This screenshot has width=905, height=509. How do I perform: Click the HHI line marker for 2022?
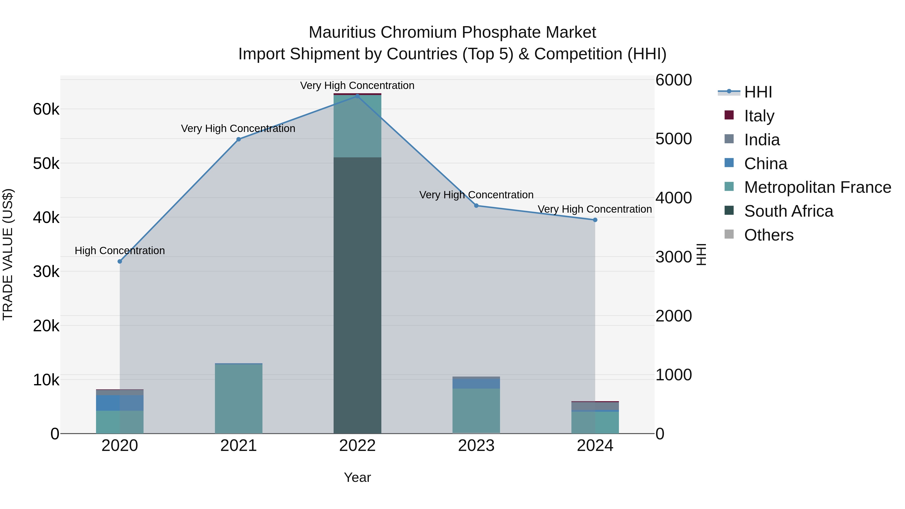(x=357, y=96)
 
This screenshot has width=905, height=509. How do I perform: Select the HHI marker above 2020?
(x=120, y=261)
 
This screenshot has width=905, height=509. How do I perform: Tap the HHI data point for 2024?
(x=595, y=220)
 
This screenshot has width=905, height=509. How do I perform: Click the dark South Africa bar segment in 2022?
(x=357, y=295)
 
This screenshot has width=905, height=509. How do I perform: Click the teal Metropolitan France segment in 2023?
(x=476, y=411)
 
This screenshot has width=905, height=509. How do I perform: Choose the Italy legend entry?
(x=759, y=116)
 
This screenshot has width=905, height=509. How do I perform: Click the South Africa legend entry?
(x=788, y=211)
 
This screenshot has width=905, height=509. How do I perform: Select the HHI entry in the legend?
(x=758, y=92)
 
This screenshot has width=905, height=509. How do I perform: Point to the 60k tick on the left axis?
(x=46, y=109)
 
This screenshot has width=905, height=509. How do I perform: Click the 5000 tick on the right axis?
(x=673, y=139)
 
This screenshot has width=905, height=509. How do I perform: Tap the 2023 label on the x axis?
(x=476, y=446)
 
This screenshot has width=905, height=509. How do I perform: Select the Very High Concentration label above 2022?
(x=357, y=85)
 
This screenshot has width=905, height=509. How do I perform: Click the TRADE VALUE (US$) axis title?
(x=8, y=254)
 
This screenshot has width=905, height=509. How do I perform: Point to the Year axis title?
(x=357, y=477)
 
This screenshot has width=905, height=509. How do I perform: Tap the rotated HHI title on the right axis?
(x=701, y=254)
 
